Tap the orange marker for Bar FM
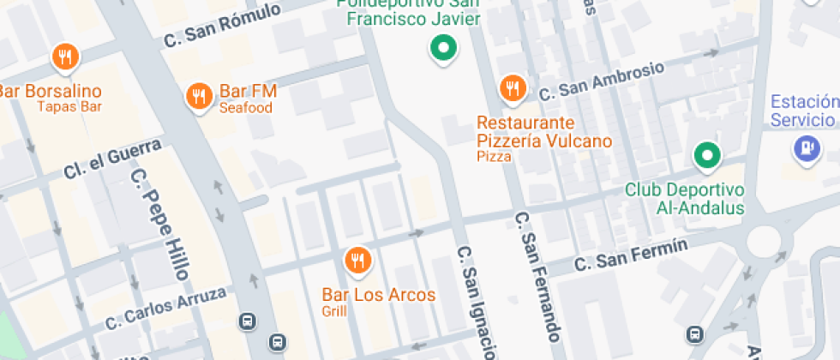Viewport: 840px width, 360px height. [x=199, y=95]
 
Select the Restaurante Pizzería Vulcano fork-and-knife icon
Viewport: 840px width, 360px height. [x=513, y=88]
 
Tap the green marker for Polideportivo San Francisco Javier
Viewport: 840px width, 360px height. [x=443, y=49]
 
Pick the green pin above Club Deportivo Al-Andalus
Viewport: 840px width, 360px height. [x=706, y=156]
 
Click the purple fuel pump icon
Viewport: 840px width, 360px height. [x=807, y=148]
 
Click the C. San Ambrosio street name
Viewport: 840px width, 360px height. [x=601, y=81]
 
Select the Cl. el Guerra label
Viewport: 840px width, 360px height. [x=112, y=160]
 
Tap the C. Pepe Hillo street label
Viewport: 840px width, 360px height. [x=160, y=223]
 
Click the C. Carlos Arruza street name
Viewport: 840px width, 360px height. [x=166, y=309]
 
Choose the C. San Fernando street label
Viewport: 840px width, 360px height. [x=538, y=274]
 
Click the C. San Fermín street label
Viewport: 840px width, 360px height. [x=632, y=255]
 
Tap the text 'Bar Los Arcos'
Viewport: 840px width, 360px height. [x=378, y=295]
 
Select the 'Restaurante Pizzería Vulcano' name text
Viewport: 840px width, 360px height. [x=543, y=132]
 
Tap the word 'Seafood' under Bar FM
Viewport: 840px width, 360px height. [x=245, y=108]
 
